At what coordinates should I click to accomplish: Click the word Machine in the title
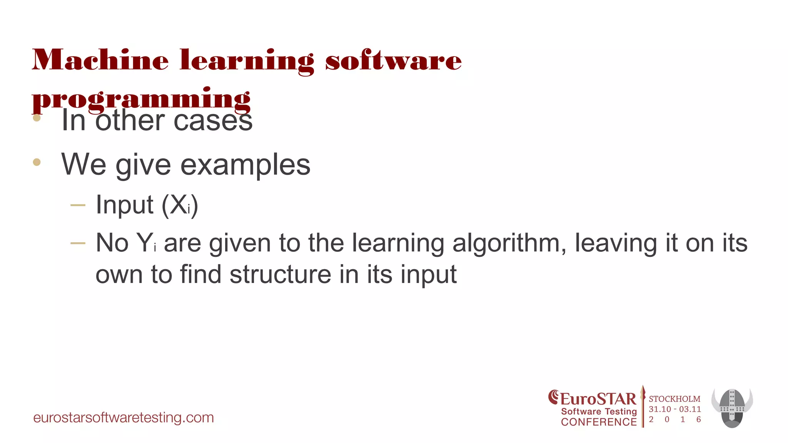click(100, 60)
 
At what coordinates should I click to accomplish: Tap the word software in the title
click(393, 60)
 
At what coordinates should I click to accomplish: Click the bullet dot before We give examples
click(37, 162)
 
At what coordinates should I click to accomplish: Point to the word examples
click(245, 165)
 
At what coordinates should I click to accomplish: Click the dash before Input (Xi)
click(78, 205)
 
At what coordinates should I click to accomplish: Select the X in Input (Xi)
click(178, 205)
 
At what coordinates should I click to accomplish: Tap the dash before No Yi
click(78, 243)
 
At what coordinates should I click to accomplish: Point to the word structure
click(280, 275)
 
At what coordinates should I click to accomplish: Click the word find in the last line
click(200, 275)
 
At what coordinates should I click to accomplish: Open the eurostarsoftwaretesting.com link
click(124, 418)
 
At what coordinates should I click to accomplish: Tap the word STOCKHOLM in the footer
click(674, 399)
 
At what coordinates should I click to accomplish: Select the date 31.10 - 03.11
click(675, 409)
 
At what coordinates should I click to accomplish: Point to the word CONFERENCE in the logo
click(599, 422)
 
